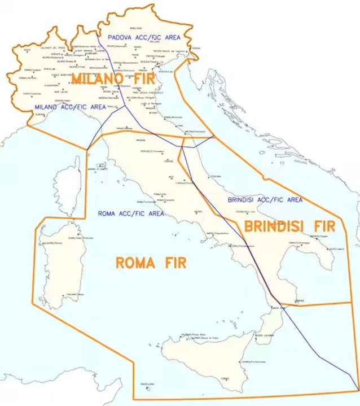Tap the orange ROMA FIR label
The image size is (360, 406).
pos(151,263)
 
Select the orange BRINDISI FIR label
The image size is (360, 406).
pos(289,226)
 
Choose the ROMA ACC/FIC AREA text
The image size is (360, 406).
pos(131,213)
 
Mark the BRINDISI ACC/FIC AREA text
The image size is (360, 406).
pos(265,199)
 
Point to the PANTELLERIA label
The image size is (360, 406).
pos(146,384)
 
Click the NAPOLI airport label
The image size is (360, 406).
pos(217,233)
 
